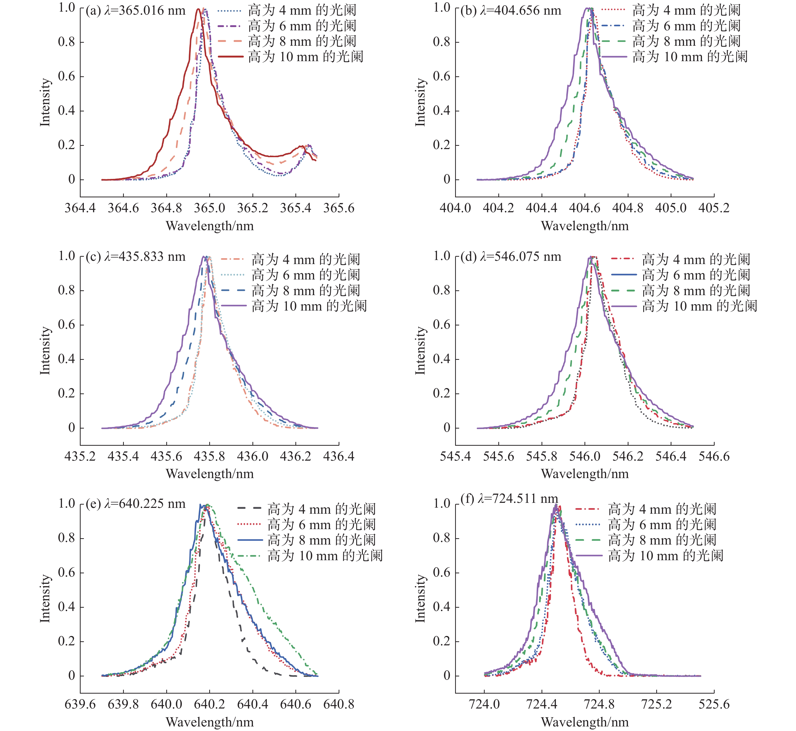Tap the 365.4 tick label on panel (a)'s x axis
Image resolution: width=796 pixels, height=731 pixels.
point(296,208)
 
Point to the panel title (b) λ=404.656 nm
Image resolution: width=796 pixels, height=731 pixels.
point(511,11)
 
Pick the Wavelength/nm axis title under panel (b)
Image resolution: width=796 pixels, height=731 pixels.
point(585,226)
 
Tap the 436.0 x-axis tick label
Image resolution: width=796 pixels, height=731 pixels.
point(252,457)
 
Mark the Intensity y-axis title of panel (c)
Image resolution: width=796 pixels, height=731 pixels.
point(45,350)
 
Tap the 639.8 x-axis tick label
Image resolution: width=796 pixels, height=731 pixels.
point(123,704)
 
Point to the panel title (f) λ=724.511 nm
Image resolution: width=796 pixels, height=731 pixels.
point(509,499)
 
